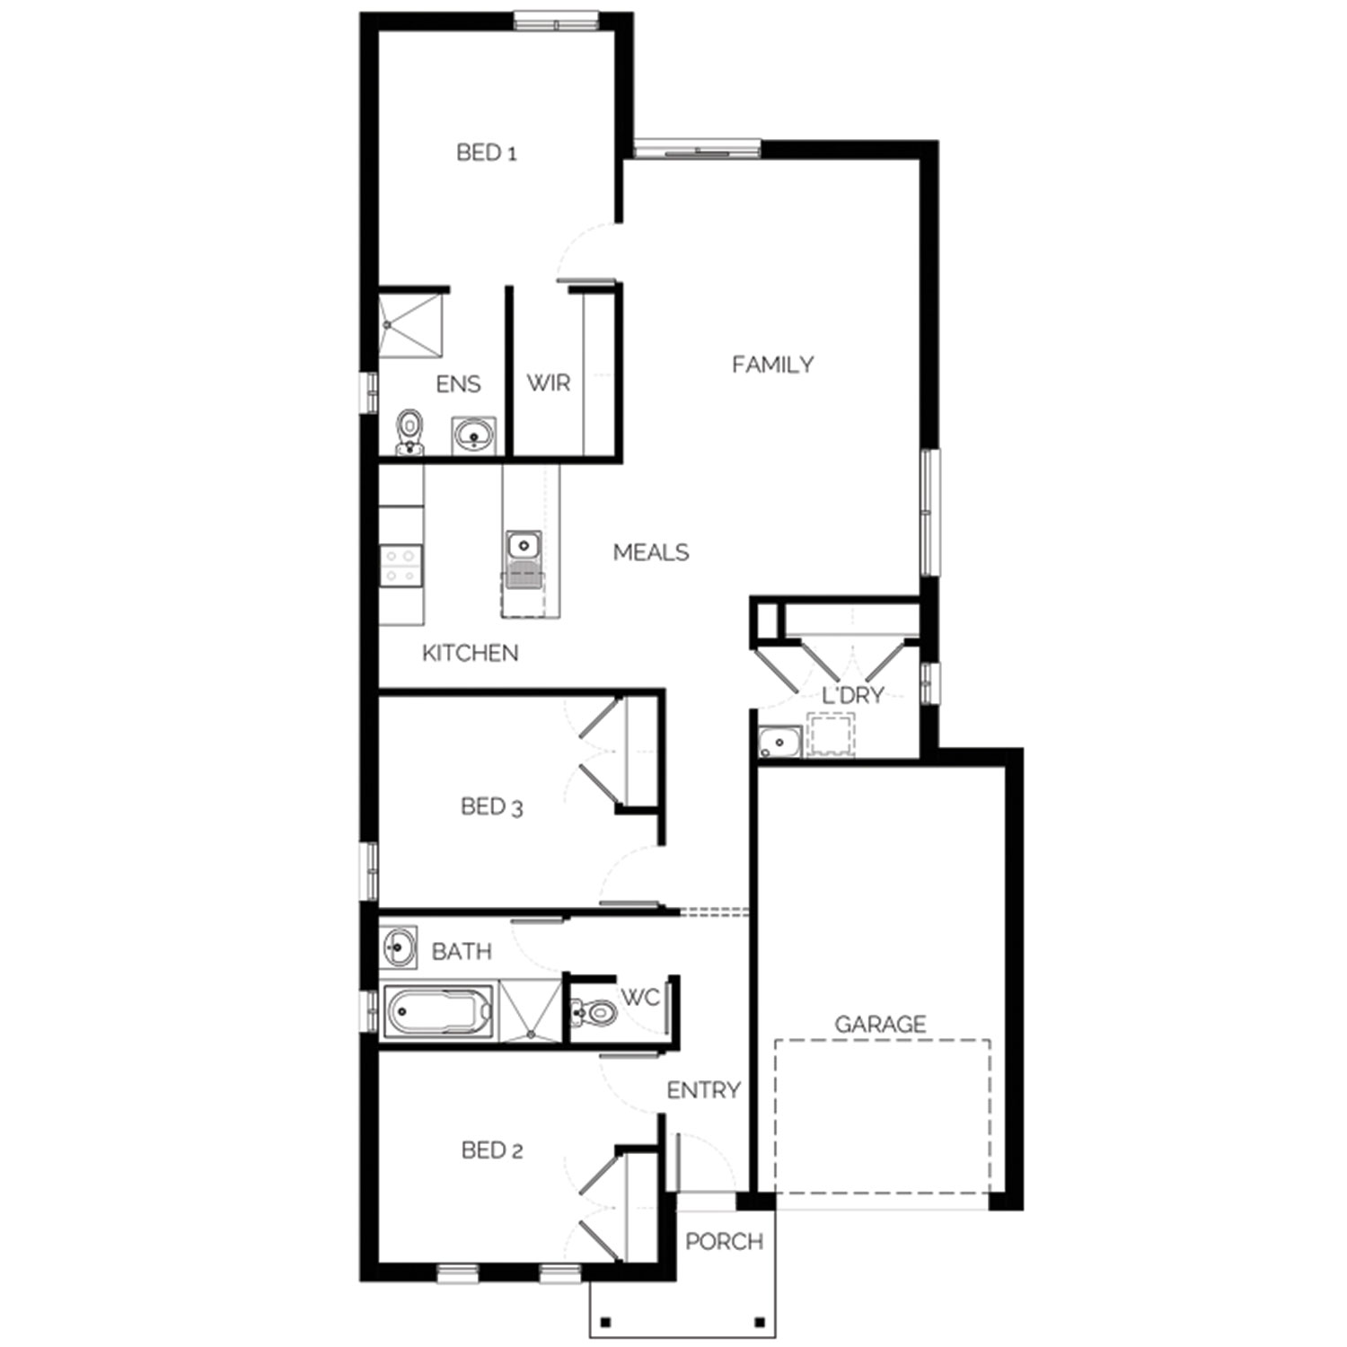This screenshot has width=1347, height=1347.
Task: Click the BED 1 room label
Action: point(487,153)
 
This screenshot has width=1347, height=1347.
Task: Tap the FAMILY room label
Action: point(772,365)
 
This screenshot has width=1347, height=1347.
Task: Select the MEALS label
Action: point(651,552)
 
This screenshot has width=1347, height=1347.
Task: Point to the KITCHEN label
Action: point(471,653)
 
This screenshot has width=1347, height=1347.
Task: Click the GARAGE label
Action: point(880,1024)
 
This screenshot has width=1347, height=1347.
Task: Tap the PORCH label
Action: point(724,1242)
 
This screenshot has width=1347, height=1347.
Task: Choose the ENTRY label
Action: point(703,1090)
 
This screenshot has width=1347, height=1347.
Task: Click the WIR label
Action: point(549,383)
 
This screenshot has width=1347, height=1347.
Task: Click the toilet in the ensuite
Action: point(410,433)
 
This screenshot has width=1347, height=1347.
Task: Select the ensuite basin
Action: point(474,436)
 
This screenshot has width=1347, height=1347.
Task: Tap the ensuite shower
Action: point(411,326)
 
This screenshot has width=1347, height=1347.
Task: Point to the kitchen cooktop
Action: point(401,566)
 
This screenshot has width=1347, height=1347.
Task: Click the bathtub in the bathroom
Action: point(438,1011)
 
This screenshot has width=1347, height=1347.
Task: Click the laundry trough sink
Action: point(779,742)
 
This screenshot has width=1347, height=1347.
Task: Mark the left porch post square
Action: point(606,1322)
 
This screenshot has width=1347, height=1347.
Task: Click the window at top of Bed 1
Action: point(556,21)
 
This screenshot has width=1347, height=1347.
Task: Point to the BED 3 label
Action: point(491,806)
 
